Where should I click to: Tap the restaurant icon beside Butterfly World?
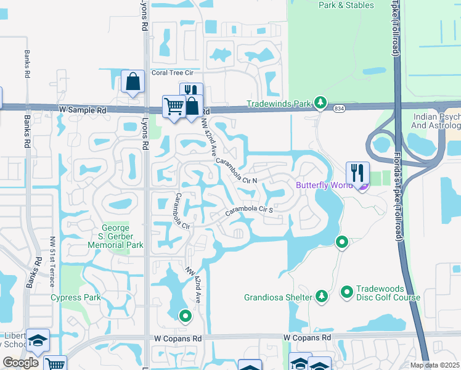pyautogui.click(x=357, y=173)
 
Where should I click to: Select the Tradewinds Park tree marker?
pyautogui.click(x=320, y=103)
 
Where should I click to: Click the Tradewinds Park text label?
pyautogui.click(x=279, y=104)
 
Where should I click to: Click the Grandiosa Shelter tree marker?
pyautogui.click(x=321, y=297)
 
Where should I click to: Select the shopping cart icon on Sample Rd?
pyautogui.click(x=174, y=106)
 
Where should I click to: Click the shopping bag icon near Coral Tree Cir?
pyautogui.click(x=133, y=81)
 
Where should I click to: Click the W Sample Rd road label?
pyautogui.click(x=83, y=110)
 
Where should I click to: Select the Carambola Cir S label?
pyautogui.click(x=248, y=210)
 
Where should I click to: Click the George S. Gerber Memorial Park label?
pyautogui.click(x=121, y=236)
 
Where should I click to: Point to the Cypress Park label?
pyautogui.click(x=75, y=298)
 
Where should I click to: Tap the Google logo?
pyautogui.click(x=21, y=363)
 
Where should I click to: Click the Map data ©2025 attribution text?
pyautogui.click(x=434, y=365)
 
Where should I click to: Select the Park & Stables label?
pyautogui.click(x=346, y=5)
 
